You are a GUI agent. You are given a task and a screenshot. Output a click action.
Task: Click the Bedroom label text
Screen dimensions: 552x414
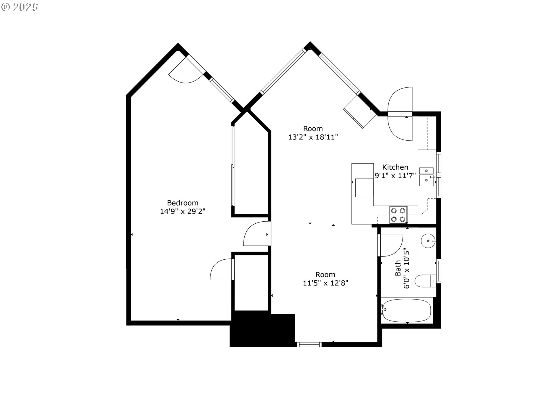point(183,203)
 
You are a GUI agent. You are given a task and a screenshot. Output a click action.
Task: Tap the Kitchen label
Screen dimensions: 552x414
point(395,167)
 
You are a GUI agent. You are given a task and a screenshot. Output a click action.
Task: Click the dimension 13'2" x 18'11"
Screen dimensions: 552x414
point(313,137)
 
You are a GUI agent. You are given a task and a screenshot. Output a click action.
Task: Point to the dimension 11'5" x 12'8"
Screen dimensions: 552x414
point(325,283)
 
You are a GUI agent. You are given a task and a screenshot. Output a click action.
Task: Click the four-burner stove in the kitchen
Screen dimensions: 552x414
point(398,215)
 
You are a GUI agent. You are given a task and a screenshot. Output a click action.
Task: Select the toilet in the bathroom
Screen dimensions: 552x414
point(425,281)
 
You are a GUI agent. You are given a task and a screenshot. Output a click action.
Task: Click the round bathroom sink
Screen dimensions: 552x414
point(429,241)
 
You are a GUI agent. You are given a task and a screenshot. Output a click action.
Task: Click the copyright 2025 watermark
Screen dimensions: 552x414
point(20,7)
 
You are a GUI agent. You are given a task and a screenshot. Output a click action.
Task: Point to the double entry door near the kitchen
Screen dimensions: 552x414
point(400,114)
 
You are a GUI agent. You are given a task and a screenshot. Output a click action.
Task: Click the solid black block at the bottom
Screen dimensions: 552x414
point(262,329)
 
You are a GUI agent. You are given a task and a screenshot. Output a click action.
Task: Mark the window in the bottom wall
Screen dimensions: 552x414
point(309,344)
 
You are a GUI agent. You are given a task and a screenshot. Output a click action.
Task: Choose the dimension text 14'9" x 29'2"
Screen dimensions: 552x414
point(183,211)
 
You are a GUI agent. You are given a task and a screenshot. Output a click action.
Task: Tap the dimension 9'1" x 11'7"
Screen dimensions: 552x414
point(395,175)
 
